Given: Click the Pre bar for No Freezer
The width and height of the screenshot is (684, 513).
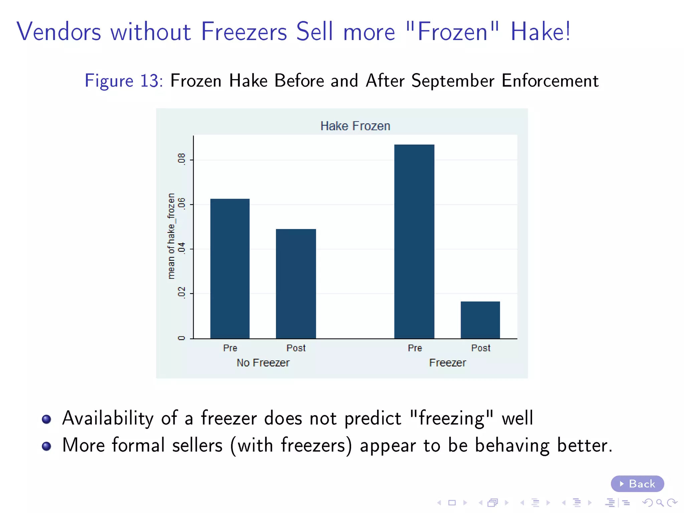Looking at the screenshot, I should coord(230,269).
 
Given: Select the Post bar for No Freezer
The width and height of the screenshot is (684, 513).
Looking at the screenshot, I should coord(296,284).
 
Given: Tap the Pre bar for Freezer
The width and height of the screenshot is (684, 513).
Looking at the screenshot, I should coord(414,241).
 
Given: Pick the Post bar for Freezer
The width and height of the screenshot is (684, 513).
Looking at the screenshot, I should coord(480,320).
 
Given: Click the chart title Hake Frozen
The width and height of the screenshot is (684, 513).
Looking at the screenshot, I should coord(355,126).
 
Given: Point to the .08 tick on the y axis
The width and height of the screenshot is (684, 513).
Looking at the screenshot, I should coord(181,159).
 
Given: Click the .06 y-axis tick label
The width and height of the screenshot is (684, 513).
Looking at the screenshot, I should coord(181,203).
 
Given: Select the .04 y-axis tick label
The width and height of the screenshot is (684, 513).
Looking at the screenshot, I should coord(181,248).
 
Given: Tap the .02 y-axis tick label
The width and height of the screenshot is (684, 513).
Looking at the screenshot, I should coord(181,293).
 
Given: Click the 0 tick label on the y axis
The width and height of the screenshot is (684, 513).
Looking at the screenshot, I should coord(181,338).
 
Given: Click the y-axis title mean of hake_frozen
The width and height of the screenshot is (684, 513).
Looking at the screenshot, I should coord(171,236).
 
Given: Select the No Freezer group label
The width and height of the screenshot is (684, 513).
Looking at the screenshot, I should coord(263,363).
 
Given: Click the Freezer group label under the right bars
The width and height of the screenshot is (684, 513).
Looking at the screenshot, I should coord(447,363).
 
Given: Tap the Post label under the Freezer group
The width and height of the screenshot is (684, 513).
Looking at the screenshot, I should coord(480,348).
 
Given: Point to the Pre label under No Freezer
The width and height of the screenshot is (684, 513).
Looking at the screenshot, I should coord(230,348).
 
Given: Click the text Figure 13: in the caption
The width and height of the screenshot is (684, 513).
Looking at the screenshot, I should coord(124,81).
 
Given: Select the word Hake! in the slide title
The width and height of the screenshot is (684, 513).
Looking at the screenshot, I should coord(540,32).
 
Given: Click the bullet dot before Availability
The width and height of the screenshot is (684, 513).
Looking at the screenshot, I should coord(46,419).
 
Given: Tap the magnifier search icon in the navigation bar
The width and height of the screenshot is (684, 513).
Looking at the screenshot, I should coord(660,503).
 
